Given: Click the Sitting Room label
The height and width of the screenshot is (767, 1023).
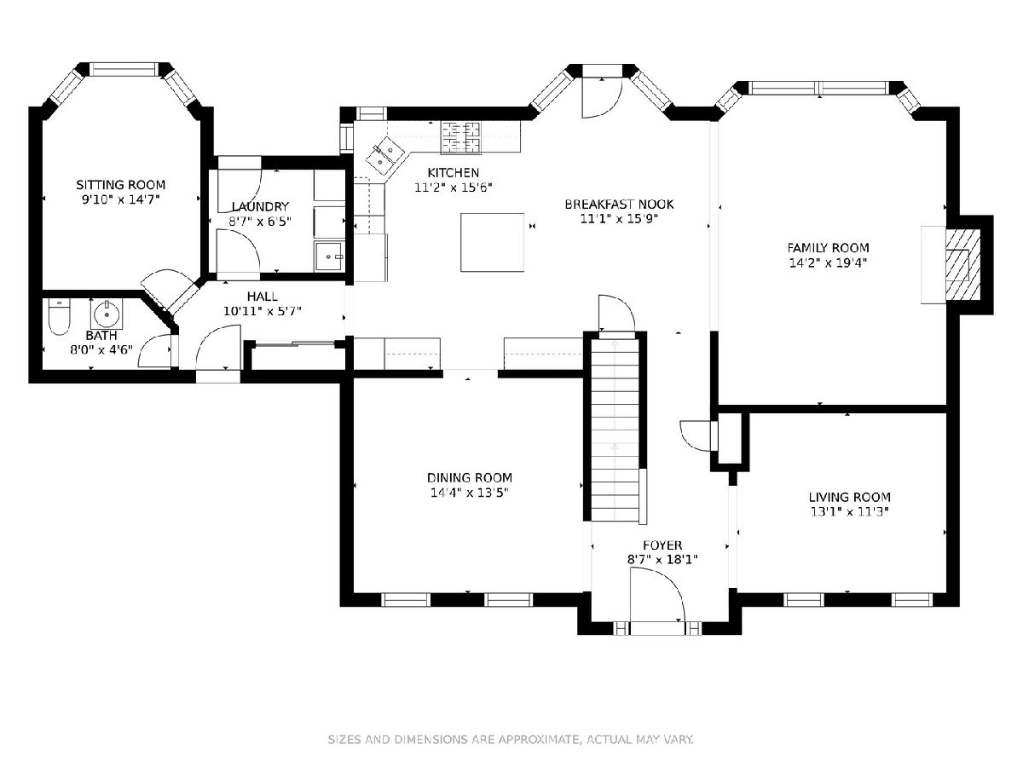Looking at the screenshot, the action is [x=121, y=185].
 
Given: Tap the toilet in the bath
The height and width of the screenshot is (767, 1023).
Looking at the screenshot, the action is [x=59, y=317].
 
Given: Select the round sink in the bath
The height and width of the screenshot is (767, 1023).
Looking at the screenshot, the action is [x=107, y=314].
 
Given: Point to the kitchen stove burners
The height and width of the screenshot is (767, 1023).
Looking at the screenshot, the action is [x=461, y=137].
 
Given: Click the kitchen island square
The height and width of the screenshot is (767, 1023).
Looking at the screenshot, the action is [x=492, y=242].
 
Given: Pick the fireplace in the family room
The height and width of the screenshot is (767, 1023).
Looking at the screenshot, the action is [x=962, y=265].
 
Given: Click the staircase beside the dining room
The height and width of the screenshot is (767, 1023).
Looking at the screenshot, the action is [x=615, y=430].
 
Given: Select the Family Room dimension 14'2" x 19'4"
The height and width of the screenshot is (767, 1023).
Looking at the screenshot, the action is [x=828, y=262].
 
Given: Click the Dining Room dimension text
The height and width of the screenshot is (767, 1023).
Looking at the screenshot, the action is [x=470, y=493].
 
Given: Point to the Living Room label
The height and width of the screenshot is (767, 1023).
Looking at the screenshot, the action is [x=850, y=497].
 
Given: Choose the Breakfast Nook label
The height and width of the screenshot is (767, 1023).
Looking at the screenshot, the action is [x=620, y=204].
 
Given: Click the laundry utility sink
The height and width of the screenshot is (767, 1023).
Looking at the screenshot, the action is [x=329, y=257].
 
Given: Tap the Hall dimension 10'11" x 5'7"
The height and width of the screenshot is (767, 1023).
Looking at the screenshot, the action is [x=263, y=311].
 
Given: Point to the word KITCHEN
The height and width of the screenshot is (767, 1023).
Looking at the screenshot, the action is [x=454, y=173].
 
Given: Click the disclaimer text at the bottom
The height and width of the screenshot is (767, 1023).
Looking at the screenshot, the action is [x=511, y=739].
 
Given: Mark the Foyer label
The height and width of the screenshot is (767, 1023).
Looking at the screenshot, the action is [x=662, y=545].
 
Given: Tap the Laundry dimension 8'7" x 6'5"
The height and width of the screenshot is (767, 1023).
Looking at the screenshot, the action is [x=260, y=222].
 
